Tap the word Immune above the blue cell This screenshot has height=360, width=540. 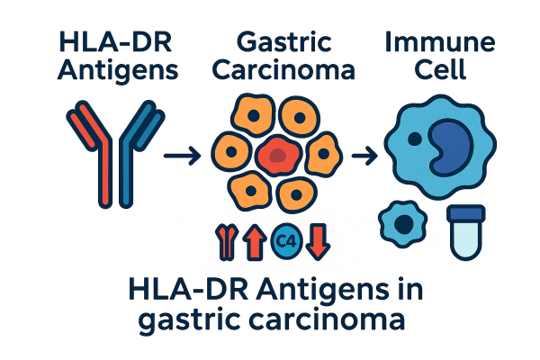438,41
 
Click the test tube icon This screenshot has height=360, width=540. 466,229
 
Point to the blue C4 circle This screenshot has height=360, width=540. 287,240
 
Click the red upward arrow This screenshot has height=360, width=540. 255,242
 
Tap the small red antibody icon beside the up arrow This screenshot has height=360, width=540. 225,242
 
